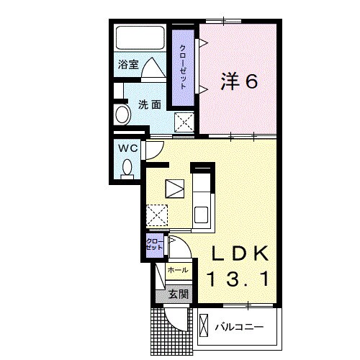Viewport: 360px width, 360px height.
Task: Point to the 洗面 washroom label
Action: click(x=150, y=104)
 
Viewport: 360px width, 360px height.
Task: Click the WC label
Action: click(x=127, y=148)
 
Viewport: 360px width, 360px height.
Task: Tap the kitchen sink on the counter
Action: click(x=202, y=214)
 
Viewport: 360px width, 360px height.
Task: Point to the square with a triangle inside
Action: click(x=175, y=189)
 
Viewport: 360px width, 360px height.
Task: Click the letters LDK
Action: click(x=240, y=254)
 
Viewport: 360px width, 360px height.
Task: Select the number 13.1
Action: click(x=240, y=278)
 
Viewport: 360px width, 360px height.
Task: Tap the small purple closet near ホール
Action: click(x=154, y=244)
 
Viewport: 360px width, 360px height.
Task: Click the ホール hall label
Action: click(x=177, y=270)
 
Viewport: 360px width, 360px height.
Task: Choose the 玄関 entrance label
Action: click(x=179, y=293)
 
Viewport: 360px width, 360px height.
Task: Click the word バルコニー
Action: click(x=239, y=328)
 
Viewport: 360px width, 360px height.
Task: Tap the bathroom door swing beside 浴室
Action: click(x=154, y=69)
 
